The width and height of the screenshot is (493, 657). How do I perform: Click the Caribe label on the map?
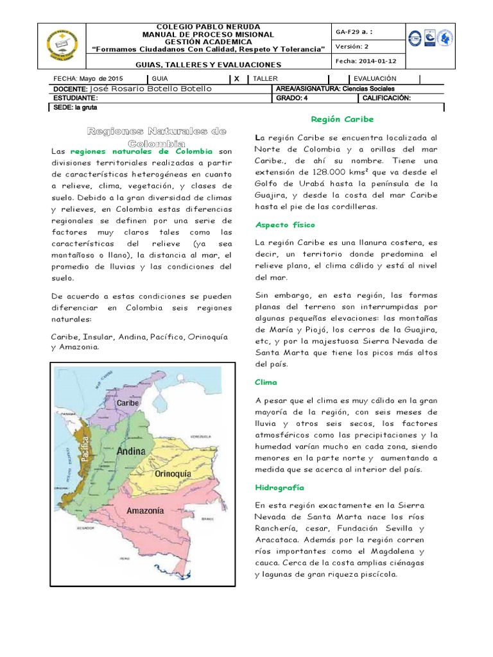point(128,402)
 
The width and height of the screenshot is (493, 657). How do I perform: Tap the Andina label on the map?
point(131,452)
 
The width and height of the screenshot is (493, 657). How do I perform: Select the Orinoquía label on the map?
point(173,474)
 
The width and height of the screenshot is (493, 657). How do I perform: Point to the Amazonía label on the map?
point(145,511)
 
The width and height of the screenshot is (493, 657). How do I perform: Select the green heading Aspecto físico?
point(285,225)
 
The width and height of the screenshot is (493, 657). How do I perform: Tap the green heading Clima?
point(266,382)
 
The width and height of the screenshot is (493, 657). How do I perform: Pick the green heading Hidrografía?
point(279,488)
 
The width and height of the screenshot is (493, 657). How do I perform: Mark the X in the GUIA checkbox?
point(237,78)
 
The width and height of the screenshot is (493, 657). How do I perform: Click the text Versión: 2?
point(352,46)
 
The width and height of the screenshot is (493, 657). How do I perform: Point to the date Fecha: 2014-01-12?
point(364,61)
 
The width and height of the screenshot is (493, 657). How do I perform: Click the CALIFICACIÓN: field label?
point(386,98)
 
